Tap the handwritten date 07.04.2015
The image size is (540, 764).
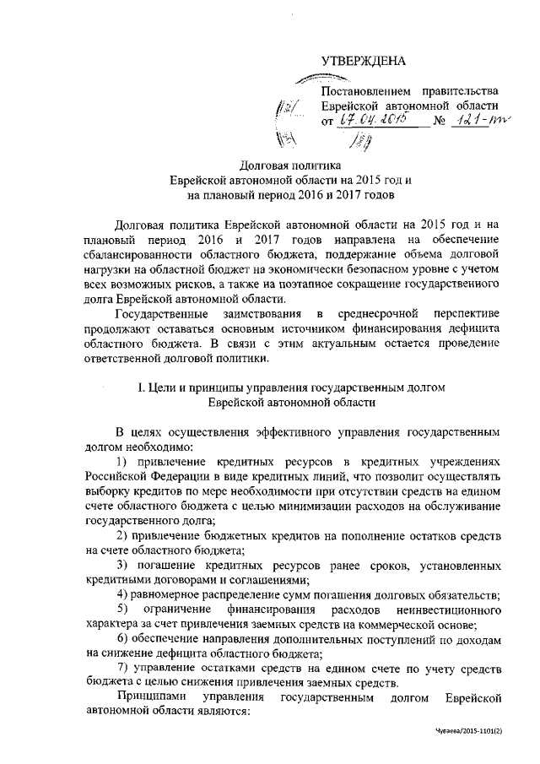(372, 121)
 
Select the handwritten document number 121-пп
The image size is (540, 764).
(477, 121)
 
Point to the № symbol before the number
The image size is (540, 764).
(438, 122)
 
